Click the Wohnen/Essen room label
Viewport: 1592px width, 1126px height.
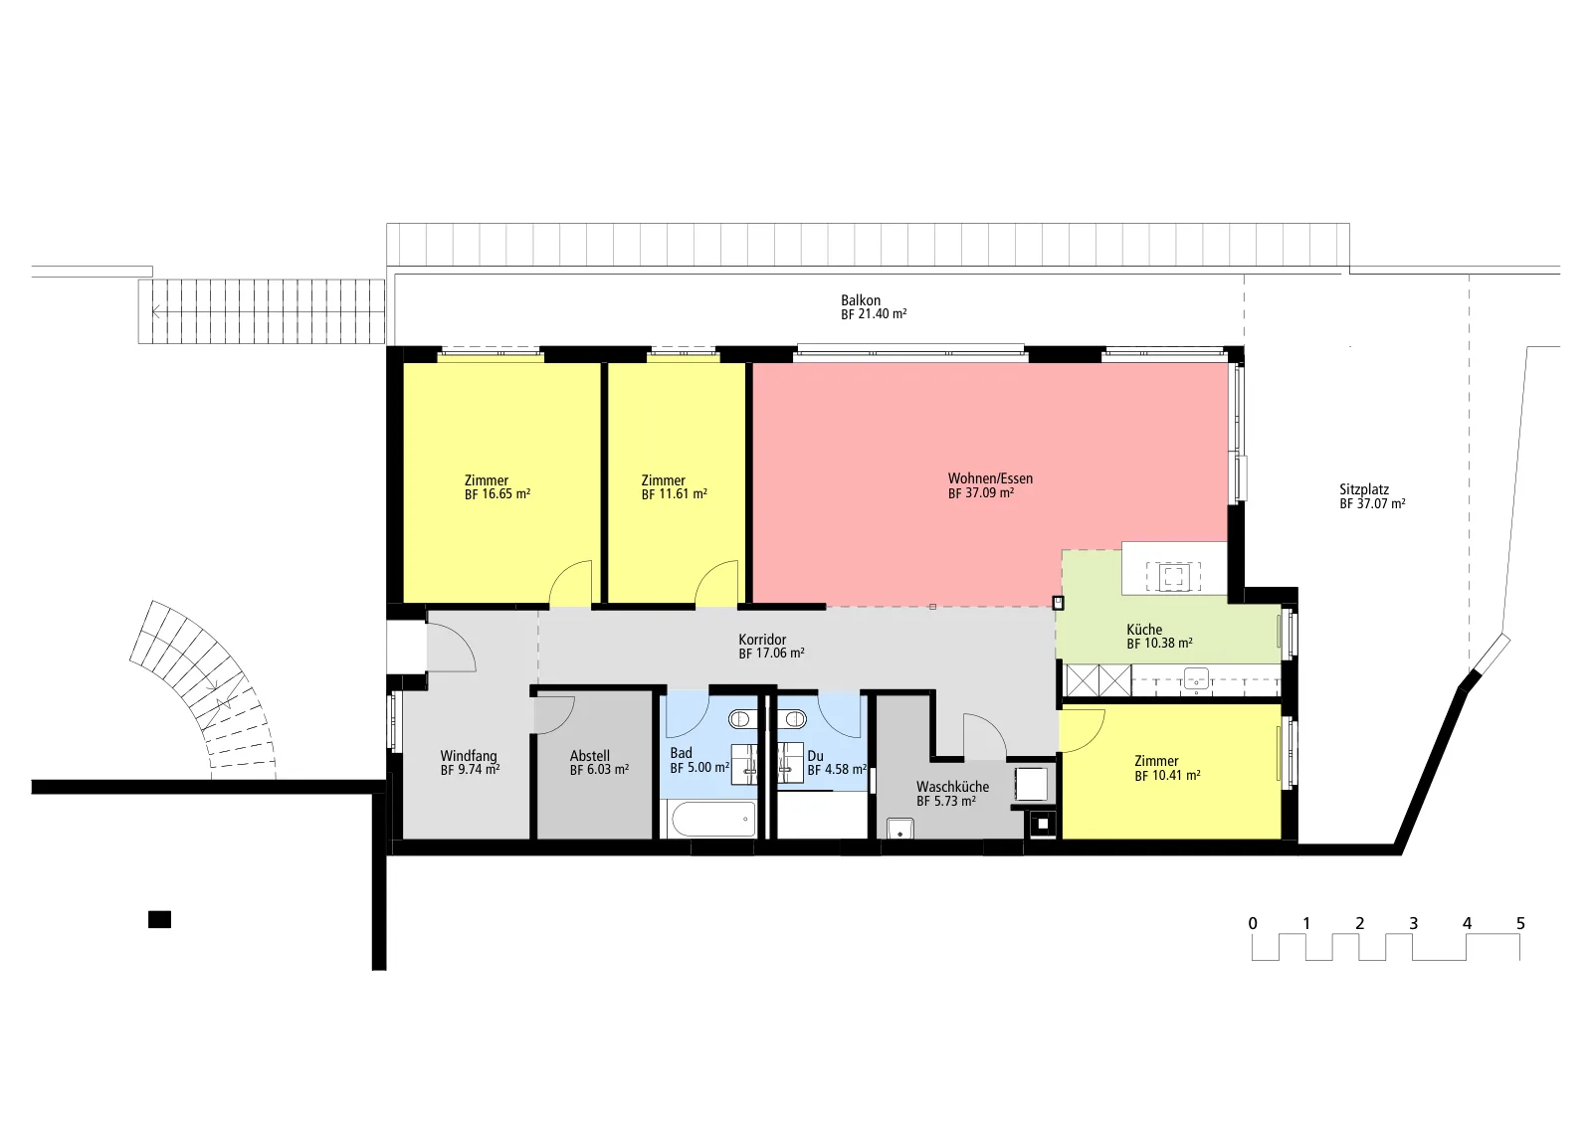pyautogui.click(x=990, y=478)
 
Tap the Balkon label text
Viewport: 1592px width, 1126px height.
pyautogui.click(x=861, y=300)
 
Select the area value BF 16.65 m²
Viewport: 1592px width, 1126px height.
pyautogui.click(x=497, y=493)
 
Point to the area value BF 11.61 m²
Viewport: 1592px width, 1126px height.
pyautogui.click(x=674, y=493)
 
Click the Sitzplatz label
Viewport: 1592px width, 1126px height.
pyautogui.click(x=1364, y=489)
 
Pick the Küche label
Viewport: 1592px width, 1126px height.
pyautogui.click(x=1144, y=630)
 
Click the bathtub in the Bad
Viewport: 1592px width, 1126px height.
pyautogui.click(x=713, y=819)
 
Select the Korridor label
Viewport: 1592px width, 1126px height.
pyautogui.click(x=762, y=640)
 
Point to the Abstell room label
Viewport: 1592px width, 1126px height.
pyautogui.click(x=589, y=756)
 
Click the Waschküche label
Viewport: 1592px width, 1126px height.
pyautogui.click(x=952, y=787)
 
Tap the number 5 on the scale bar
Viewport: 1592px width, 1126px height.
pyautogui.click(x=1520, y=923)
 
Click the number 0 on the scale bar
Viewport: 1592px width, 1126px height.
pyautogui.click(x=1253, y=923)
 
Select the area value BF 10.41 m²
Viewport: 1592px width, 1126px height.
pyautogui.click(x=1167, y=776)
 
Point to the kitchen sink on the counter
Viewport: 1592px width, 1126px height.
pyautogui.click(x=1196, y=679)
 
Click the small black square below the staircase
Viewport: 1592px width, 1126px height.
pyautogui.click(x=159, y=919)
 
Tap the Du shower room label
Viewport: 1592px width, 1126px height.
pyautogui.click(x=815, y=756)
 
